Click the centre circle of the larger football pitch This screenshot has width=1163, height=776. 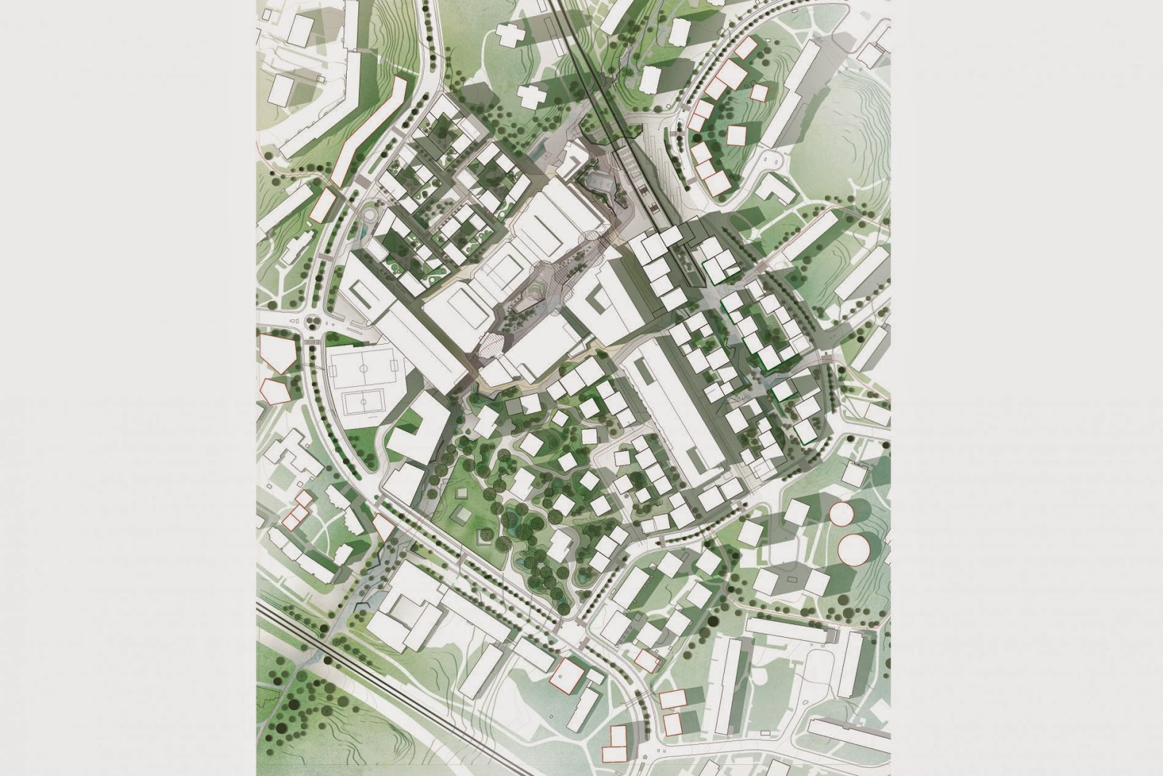363,367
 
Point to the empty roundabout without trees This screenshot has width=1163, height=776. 369,215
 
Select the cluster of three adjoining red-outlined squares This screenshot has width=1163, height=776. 298,509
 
